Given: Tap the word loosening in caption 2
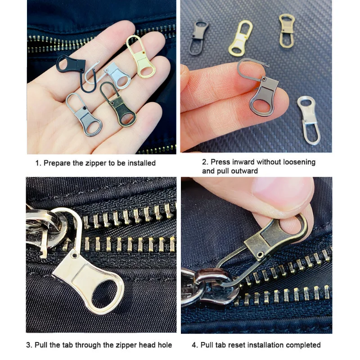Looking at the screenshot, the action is point(299,162).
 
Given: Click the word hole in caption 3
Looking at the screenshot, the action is point(165,345).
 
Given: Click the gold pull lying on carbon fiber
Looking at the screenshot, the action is point(240,38).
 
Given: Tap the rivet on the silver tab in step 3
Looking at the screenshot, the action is point(74,255).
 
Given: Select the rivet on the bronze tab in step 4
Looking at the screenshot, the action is point(260,254).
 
